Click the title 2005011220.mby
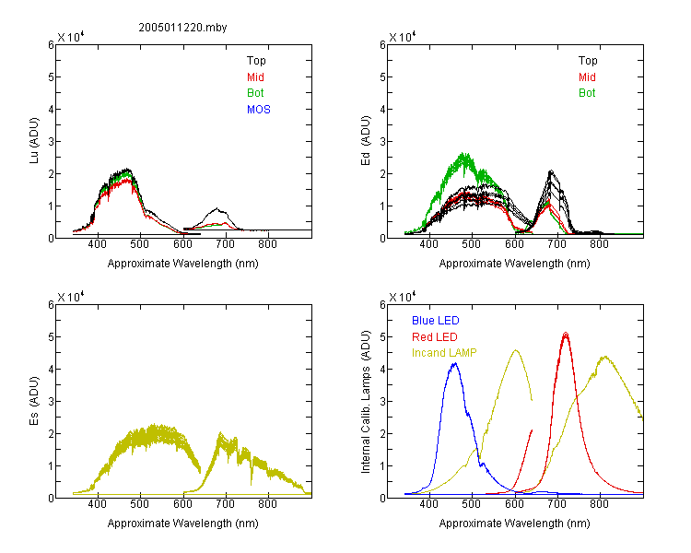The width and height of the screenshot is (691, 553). (182, 28)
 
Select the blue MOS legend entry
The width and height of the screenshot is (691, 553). (259, 110)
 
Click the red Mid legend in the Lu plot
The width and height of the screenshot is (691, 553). (255, 77)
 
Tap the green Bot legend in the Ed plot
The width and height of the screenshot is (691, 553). (587, 93)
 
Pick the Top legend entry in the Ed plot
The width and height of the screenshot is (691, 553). (588, 61)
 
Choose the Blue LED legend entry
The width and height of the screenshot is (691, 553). (436, 321)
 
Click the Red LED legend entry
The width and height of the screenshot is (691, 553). (435, 337)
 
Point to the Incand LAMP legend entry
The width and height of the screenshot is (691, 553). (444, 353)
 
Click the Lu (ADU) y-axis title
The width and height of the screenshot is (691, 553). (34, 141)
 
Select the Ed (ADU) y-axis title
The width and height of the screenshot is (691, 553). (366, 141)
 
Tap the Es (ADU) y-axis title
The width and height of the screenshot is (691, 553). (34, 401)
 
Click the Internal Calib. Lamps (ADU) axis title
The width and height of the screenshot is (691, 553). (366, 402)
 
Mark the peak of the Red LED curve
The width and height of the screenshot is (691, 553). (566, 333)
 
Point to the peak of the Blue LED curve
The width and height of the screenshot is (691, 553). (455, 363)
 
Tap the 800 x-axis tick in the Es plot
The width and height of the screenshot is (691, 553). (267, 504)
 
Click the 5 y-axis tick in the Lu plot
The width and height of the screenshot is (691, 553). (51, 77)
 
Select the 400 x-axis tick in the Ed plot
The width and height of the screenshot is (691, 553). (428, 244)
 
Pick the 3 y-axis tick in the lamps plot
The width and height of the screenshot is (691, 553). (382, 401)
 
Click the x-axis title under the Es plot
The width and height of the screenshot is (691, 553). (183, 524)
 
